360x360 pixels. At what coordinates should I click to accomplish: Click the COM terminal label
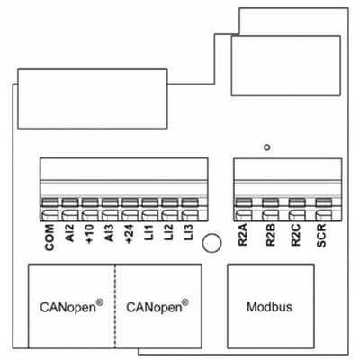[x=49, y=238]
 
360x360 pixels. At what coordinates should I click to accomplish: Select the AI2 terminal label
[x=69, y=234]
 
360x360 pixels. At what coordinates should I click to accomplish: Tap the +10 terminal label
[x=89, y=234]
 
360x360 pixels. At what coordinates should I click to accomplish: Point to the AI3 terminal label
[x=109, y=233]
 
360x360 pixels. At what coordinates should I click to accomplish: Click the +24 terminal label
[x=130, y=234]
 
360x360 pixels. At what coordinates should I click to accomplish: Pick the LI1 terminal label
[x=149, y=232]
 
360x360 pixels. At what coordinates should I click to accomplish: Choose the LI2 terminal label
[x=169, y=232]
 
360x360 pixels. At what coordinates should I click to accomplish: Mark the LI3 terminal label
[x=189, y=232]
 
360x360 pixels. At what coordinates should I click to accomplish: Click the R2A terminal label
[x=242, y=236]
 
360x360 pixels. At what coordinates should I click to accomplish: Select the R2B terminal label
[x=271, y=236]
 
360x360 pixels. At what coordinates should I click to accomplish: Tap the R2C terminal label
[x=296, y=236]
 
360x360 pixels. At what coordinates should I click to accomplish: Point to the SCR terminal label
[x=321, y=236]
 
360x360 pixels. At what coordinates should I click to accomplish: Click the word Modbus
[x=269, y=307]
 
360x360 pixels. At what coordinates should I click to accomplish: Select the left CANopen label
[x=71, y=306]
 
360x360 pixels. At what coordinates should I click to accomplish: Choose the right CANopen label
[x=157, y=306]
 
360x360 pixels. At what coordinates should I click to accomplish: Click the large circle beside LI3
[x=211, y=243]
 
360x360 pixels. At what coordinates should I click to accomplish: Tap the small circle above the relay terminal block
[x=267, y=148]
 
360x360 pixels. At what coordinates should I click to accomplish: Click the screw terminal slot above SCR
[x=324, y=202]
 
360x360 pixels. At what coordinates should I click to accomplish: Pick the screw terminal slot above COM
[x=49, y=202]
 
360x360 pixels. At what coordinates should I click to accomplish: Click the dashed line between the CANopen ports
[x=115, y=306]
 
